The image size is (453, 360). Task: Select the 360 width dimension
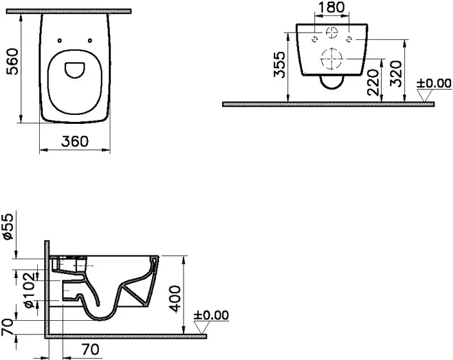(x=75, y=141)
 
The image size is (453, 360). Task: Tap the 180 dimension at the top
(x=332, y=7)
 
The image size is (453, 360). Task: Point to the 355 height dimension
(x=280, y=65)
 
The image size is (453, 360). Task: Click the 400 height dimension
(x=175, y=299)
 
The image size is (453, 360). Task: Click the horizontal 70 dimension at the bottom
(x=90, y=349)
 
